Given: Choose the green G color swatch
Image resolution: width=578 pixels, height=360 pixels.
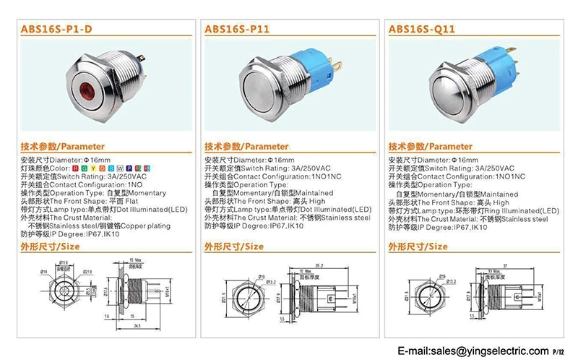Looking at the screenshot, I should [x=85, y=168].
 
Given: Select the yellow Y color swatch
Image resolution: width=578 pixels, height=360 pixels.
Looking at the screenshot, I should [x=93, y=168].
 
